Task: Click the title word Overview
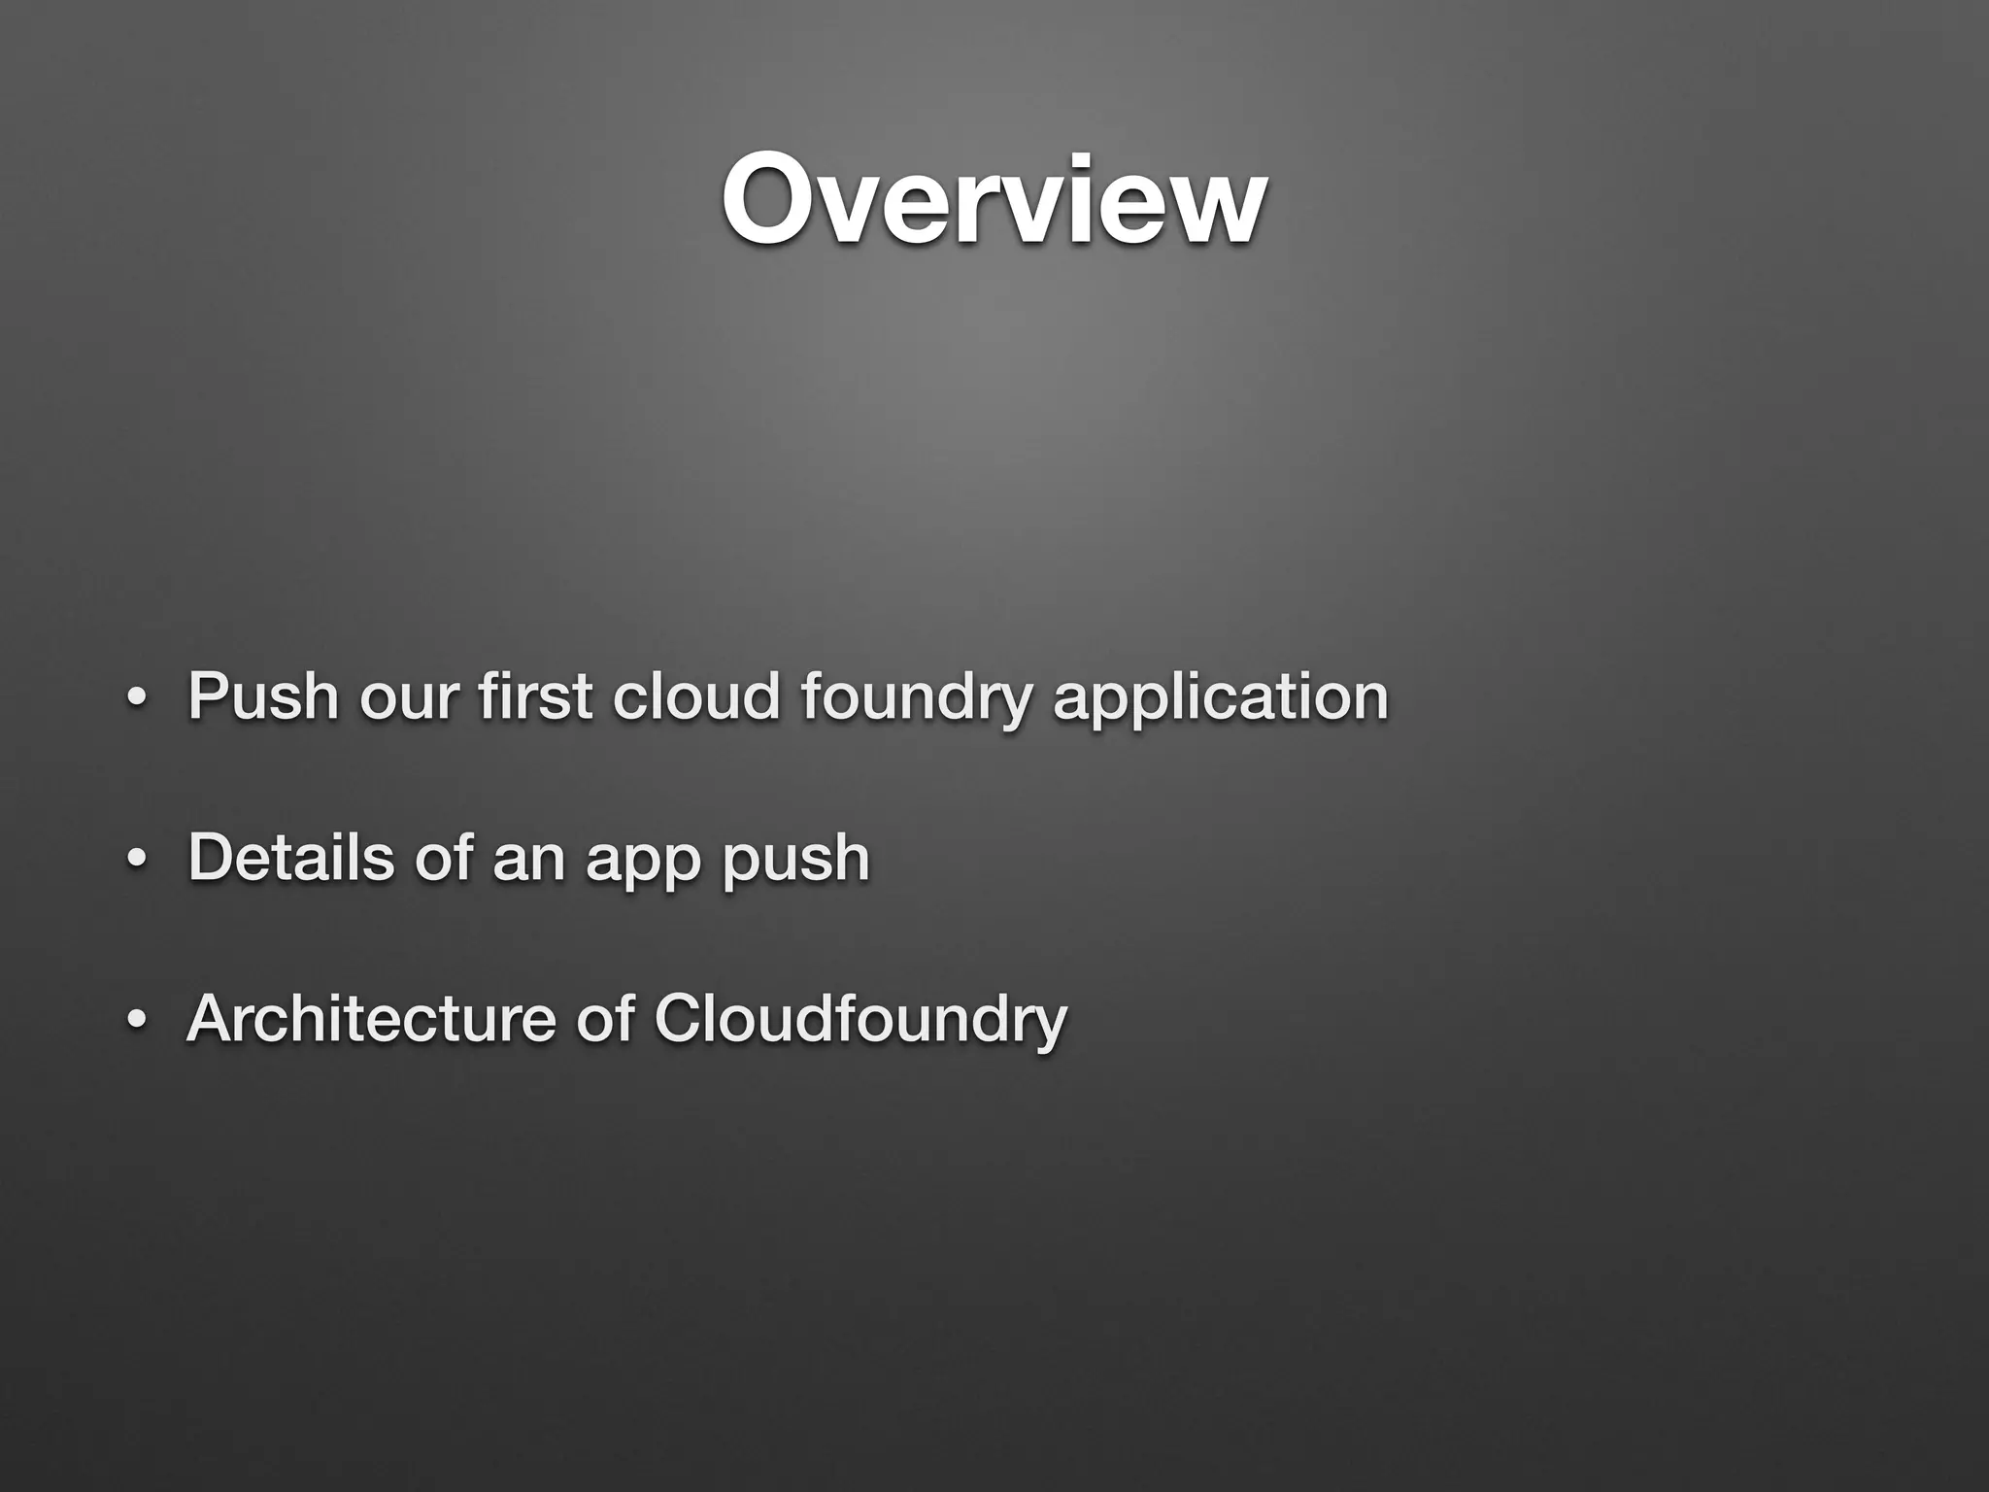click(994, 202)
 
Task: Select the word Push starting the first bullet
click(262, 696)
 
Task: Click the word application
click(1221, 701)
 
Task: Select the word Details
click(290, 858)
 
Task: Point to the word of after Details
click(443, 858)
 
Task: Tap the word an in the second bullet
click(528, 863)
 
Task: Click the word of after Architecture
click(605, 1019)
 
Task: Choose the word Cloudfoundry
click(860, 1023)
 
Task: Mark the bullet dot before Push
click(137, 701)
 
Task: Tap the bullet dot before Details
click(137, 863)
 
